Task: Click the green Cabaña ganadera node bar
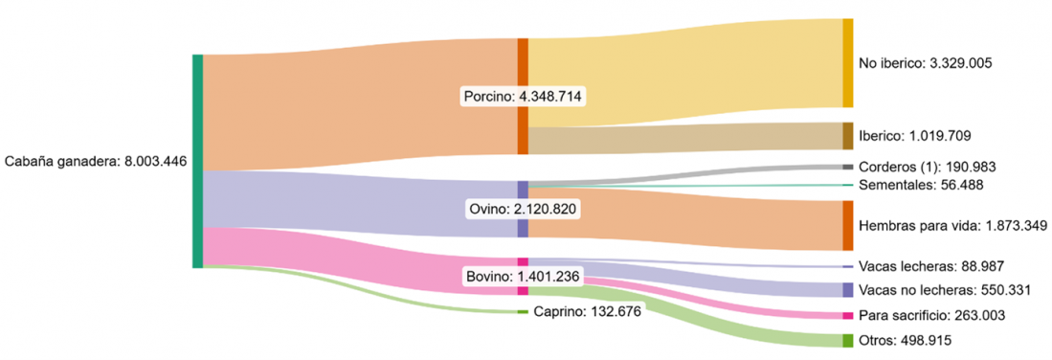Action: [x=197, y=161]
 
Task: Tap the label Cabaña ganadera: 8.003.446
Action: [x=96, y=162]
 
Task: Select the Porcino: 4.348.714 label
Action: [x=524, y=97]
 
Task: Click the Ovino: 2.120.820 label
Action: [x=524, y=208]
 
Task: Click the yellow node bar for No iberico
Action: [x=847, y=63]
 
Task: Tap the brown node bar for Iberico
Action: [x=847, y=136]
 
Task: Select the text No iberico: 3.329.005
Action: [x=925, y=63]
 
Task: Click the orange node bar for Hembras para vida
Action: [x=847, y=225]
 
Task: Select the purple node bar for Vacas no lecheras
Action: [x=847, y=290]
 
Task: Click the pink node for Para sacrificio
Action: [x=847, y=316]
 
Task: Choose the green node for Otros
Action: [x=847, y=340]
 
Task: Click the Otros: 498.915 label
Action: [x=905, y=340]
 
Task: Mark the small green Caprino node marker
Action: [x=523, y=312]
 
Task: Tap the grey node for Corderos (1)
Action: [x=847, y=168]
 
